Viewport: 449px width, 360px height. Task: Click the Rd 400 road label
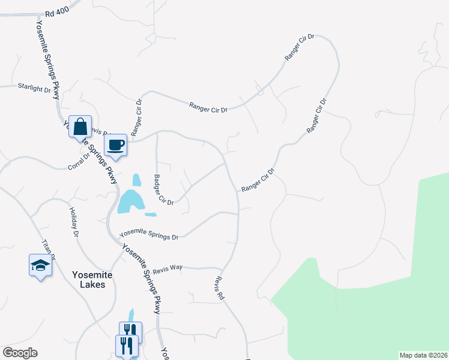[x=57, y=13]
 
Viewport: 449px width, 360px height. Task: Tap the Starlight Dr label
[x=34, y=88]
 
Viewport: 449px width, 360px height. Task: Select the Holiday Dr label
[x=74, y=222]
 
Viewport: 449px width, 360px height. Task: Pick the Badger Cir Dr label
[x=162, y=190]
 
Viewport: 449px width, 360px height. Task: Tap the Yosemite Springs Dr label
[x=149, y=234]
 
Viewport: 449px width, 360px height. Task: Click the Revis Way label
[x=167, y=269]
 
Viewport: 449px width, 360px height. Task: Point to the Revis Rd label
[x=218, y=288]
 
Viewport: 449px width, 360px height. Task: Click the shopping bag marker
[x=80, y=127]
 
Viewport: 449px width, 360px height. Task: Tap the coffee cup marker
[x=115, y=145]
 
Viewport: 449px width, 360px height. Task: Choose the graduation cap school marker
[x=40, y=265]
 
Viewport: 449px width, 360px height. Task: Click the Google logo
[x=20, y=353]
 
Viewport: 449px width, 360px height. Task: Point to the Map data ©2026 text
[x=423, y=355]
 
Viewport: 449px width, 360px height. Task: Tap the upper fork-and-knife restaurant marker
[x=130, y=331]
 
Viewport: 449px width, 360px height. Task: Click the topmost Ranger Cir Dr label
[x=300, y=47]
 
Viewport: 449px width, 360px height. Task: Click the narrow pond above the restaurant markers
[x=132, y=316]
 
